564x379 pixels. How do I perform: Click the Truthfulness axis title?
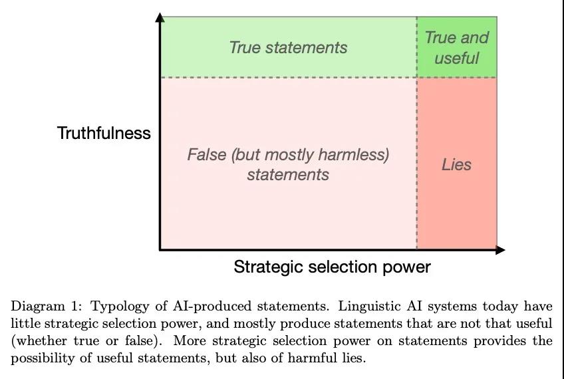coord(104,133)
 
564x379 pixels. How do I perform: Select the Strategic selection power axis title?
coord(332,267)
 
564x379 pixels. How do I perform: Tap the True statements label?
coord(288,47)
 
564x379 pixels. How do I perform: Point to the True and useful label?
coord(457,48)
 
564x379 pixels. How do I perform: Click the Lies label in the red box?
coord(456,165)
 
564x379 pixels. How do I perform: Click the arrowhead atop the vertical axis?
coord(160,17)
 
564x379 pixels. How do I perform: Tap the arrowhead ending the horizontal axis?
coord(500,250)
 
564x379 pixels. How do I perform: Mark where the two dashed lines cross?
coord(417,77)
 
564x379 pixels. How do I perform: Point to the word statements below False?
coord(288,175)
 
